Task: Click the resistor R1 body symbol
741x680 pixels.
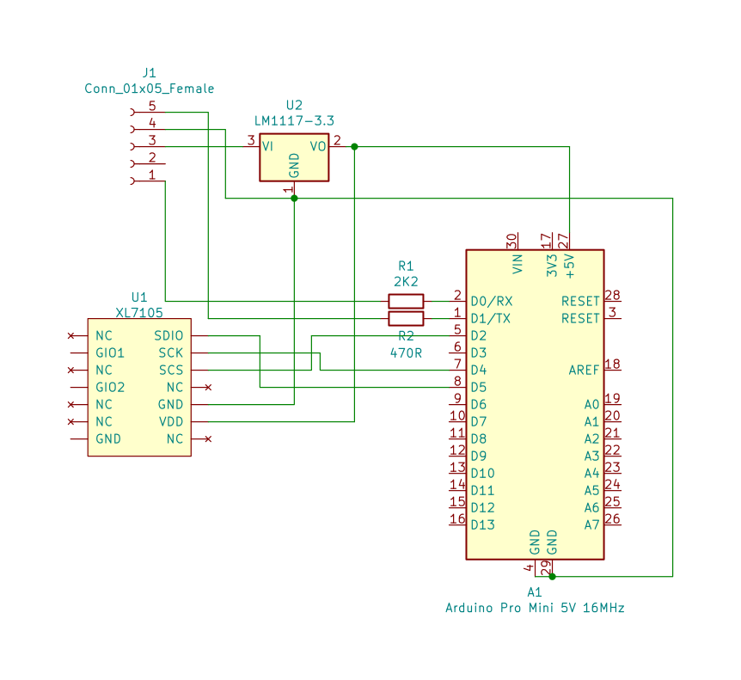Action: [x=406, y=301]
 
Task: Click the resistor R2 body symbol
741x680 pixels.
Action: [x=406, y=318]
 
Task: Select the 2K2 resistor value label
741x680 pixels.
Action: [x=406, y=281]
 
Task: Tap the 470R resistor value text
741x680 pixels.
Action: [x=406, y=352]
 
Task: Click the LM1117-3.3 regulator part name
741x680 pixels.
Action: [x=294, y=120]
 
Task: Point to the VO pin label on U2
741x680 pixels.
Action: [x=318, y=146]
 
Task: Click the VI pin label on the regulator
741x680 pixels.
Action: [x=268, y=146]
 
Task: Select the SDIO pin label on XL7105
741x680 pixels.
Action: [x=168, y=335]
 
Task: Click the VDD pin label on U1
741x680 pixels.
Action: [x=170, y=421]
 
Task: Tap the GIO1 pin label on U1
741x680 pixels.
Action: [x=110, y=352]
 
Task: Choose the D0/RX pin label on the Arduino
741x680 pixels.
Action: [x=491, y=301]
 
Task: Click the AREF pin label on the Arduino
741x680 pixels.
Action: [x=584, y=370]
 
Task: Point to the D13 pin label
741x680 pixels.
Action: [x=482, y=524]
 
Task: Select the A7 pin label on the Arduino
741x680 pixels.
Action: [x=591, y=524]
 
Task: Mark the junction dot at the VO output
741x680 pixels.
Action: [x=354, y=146]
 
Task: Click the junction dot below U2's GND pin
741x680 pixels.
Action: [x=294, y=198]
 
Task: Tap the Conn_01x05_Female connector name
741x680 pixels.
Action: [x=150, y=89]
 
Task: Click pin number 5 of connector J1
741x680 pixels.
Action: [x=152, y=107]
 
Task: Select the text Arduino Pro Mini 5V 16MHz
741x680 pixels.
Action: [x=535, y=608]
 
